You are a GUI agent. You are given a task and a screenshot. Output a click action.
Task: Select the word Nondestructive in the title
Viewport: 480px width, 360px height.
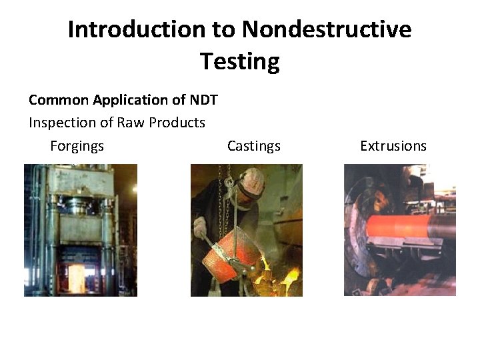(327, 30)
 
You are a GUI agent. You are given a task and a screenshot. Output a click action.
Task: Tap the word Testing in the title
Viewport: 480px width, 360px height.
(239, 62)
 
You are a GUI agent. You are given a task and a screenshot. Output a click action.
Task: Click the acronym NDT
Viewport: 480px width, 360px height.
(203, 100)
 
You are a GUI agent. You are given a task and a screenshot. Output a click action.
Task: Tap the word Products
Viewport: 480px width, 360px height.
(177, 123)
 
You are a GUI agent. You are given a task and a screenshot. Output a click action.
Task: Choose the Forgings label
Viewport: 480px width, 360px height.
(77, 146)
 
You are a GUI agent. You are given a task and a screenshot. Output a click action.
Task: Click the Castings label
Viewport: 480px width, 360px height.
(253, 146)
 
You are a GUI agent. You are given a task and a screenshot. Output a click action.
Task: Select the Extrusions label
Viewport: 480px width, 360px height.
(393, 146)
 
